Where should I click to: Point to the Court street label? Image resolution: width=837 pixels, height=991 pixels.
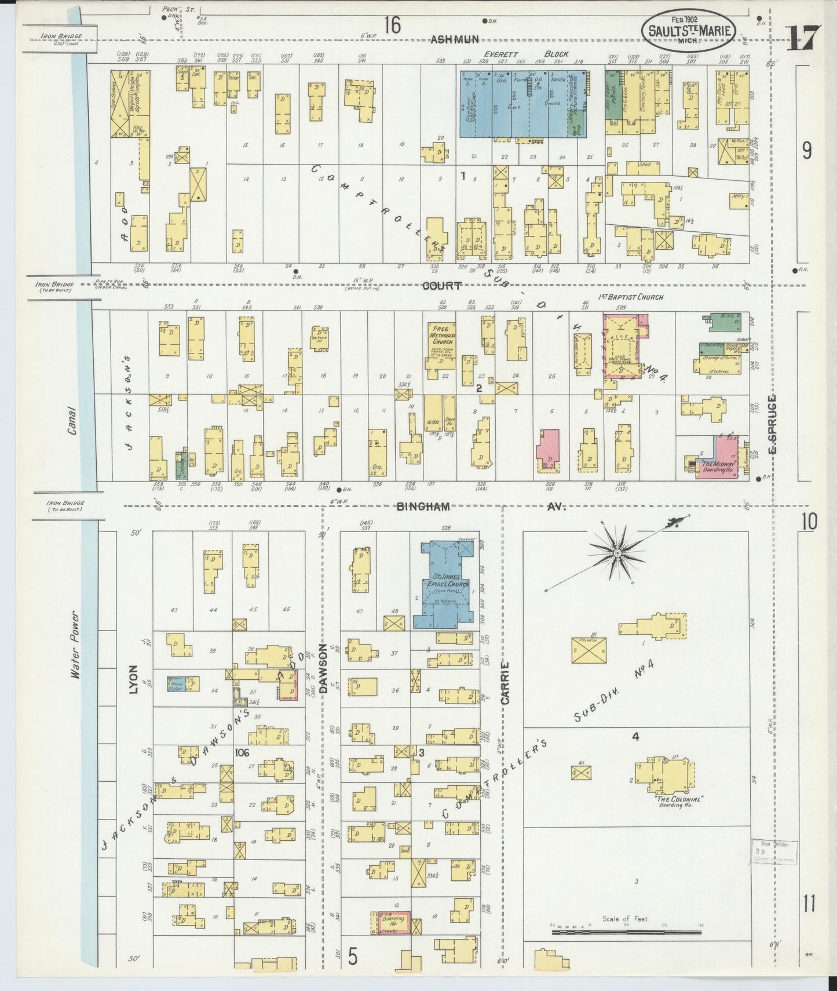tap(441, 286)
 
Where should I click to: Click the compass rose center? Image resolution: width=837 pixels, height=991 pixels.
tap(617, 555)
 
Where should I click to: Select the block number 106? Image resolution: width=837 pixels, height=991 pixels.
tap(242, 752)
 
